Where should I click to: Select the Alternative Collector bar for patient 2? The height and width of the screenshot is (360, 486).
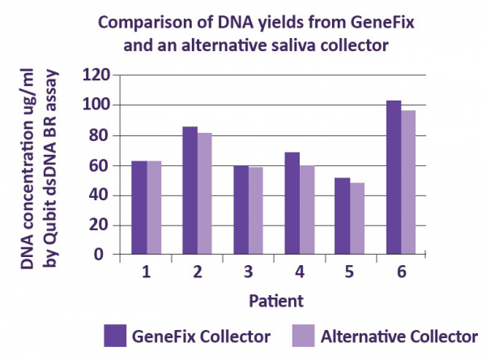(x=205, y=194)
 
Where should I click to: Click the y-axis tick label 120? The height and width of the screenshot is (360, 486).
(x=96, y=75)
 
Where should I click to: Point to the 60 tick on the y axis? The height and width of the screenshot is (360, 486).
(x=100, y=165)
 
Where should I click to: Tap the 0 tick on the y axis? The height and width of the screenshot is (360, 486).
(x=105, y=254)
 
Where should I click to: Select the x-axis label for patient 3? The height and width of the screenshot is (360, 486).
(x=248, y=272)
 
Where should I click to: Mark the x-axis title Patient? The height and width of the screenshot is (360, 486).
(x=276, y=301)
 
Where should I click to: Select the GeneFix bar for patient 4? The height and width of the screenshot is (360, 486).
(x=292, y=204)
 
